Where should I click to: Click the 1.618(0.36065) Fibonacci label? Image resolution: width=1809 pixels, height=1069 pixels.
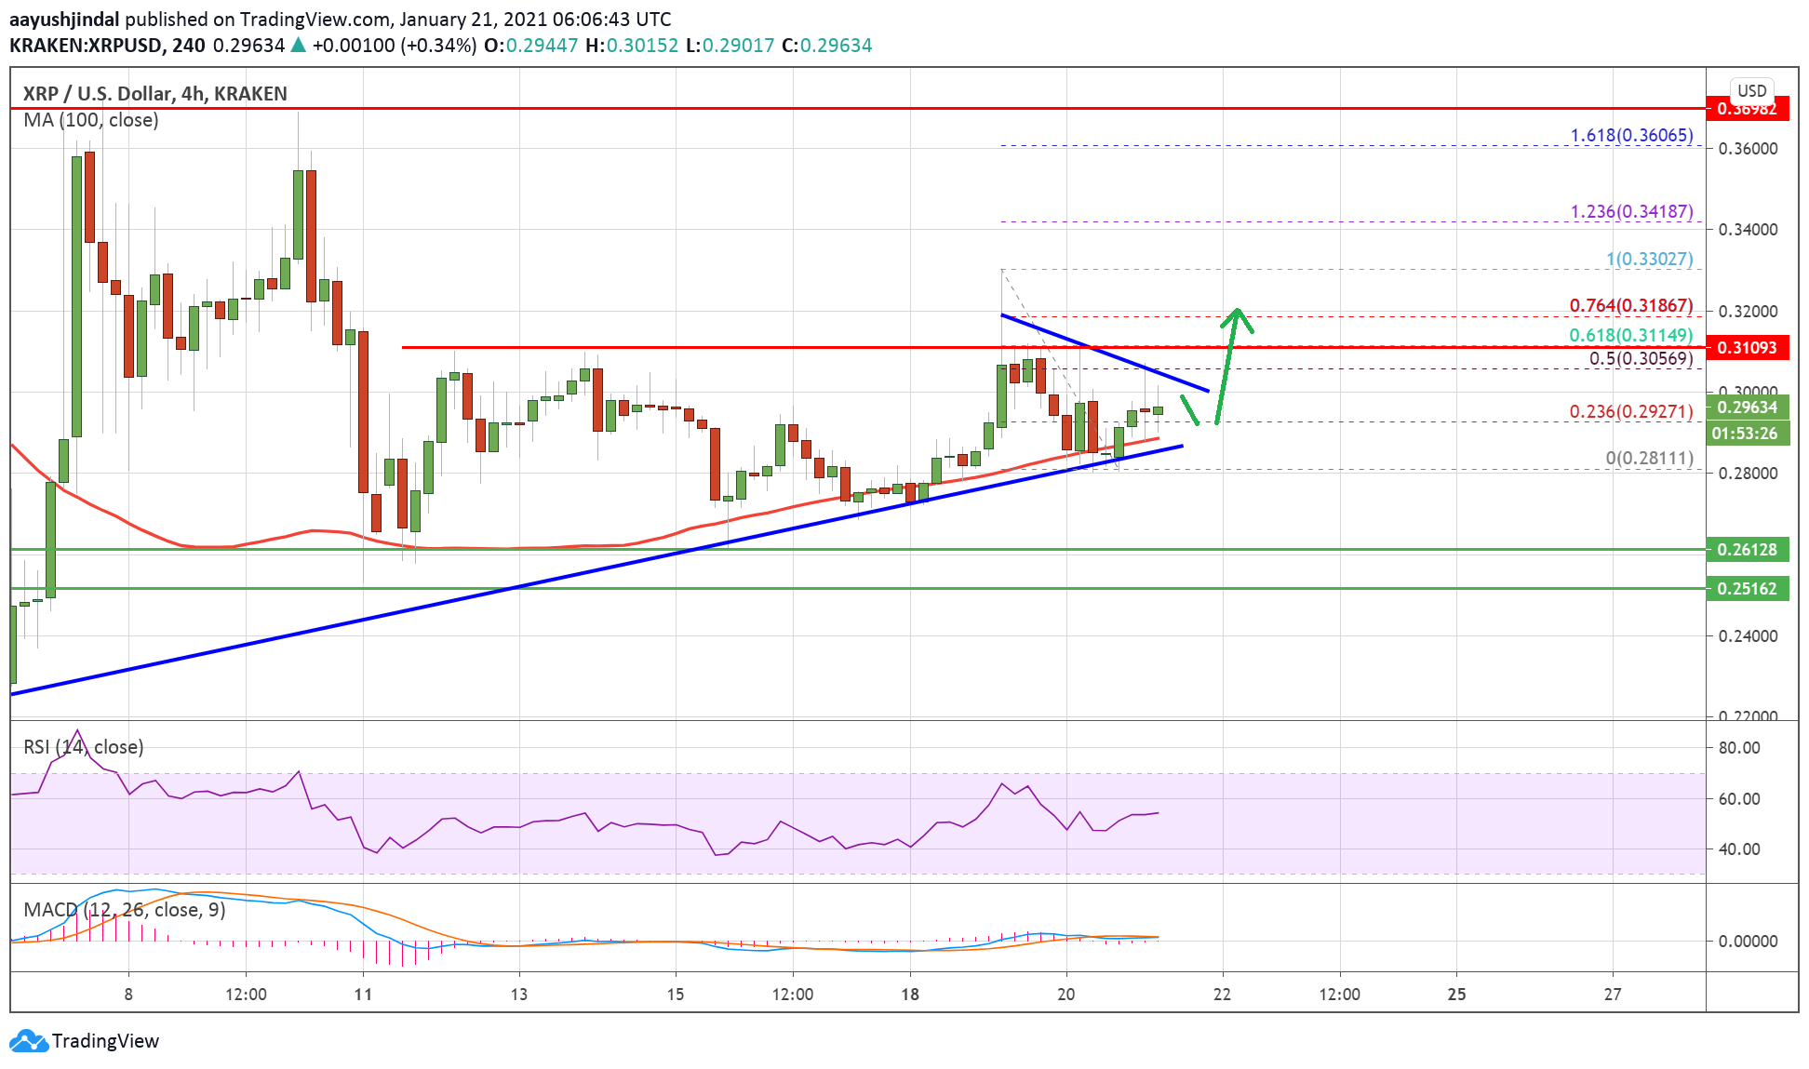(x=1631, y=136)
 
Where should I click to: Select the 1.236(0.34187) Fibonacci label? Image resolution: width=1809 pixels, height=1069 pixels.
(x=1631, y=212)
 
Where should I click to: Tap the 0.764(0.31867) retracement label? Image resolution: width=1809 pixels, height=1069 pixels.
(x=1630, y=306)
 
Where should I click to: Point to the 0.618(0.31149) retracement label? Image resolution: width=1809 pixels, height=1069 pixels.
(x=1630, y=336)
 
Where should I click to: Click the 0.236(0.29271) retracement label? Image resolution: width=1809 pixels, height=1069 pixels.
(x=1630, y=411)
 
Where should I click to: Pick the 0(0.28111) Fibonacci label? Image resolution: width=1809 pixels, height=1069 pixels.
(x=1649, y=458)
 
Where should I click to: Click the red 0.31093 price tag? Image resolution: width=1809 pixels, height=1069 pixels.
(x=1747, y=348)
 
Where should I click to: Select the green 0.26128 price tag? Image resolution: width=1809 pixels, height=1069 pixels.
(x=1747, y=550)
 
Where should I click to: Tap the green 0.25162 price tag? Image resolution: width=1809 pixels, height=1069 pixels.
(x=1747, y=589)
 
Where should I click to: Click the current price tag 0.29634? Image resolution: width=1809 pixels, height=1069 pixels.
(x=1747, y=408)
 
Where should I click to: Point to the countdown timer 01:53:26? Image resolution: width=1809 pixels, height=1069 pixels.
(x=1747, y=434)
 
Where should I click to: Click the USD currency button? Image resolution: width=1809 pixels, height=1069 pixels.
(x=1751, y=91)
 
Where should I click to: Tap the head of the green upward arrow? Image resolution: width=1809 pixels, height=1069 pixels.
(x=1237, y=314)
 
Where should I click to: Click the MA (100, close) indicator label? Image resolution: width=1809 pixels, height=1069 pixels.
(x=91, y=120)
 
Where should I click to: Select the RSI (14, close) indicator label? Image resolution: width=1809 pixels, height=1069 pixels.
(x=84, y=747)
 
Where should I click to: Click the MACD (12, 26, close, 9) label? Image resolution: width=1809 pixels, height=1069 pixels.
(x=125, y=910)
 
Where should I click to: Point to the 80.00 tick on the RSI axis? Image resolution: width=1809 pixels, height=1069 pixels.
(x=1738, y=748)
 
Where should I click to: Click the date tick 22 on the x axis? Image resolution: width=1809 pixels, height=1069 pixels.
(x=1222, y=995)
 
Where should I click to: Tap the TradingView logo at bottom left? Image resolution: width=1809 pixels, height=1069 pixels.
(x=84, y=1041)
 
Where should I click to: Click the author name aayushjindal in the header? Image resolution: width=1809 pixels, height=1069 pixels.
(x=64, y=20)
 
